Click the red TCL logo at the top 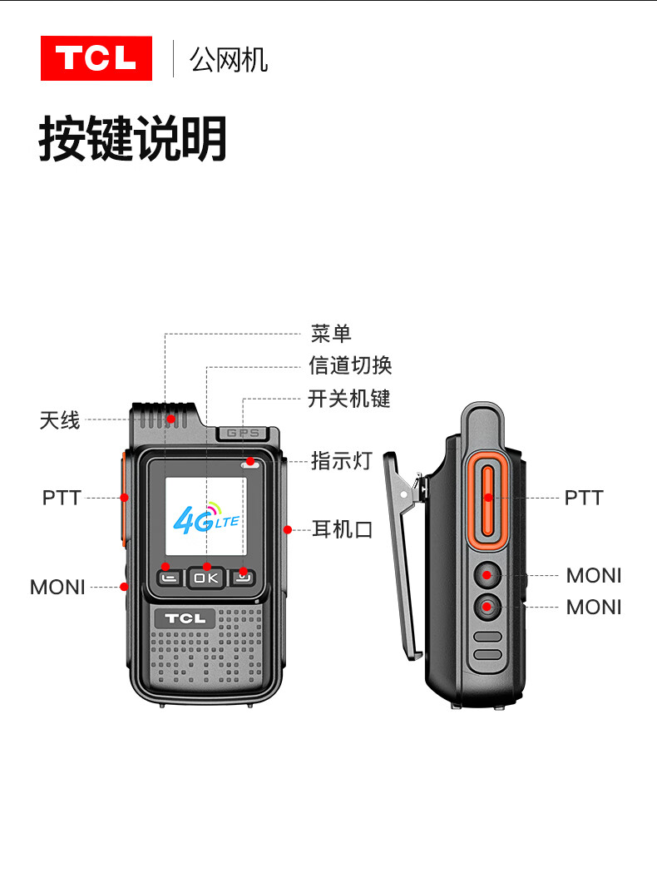coord(96,58)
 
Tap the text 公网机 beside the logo coord(229,60)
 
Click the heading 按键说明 coord(133,138)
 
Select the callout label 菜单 coord(331,334)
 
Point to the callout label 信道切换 coord(350,365)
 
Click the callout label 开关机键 coord(349,399)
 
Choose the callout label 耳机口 coord(342,529)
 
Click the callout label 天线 coord(60,420)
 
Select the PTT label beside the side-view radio coord(584,498)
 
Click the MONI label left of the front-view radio coord(57,588)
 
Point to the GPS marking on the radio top coord(243,434)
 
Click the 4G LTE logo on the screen coord(206,518)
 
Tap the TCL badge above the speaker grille coord(185,618)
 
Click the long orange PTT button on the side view coord(487,501)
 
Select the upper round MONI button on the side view coord(487,575)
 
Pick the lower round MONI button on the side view coord(487,607)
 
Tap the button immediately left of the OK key coord(170,578)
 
